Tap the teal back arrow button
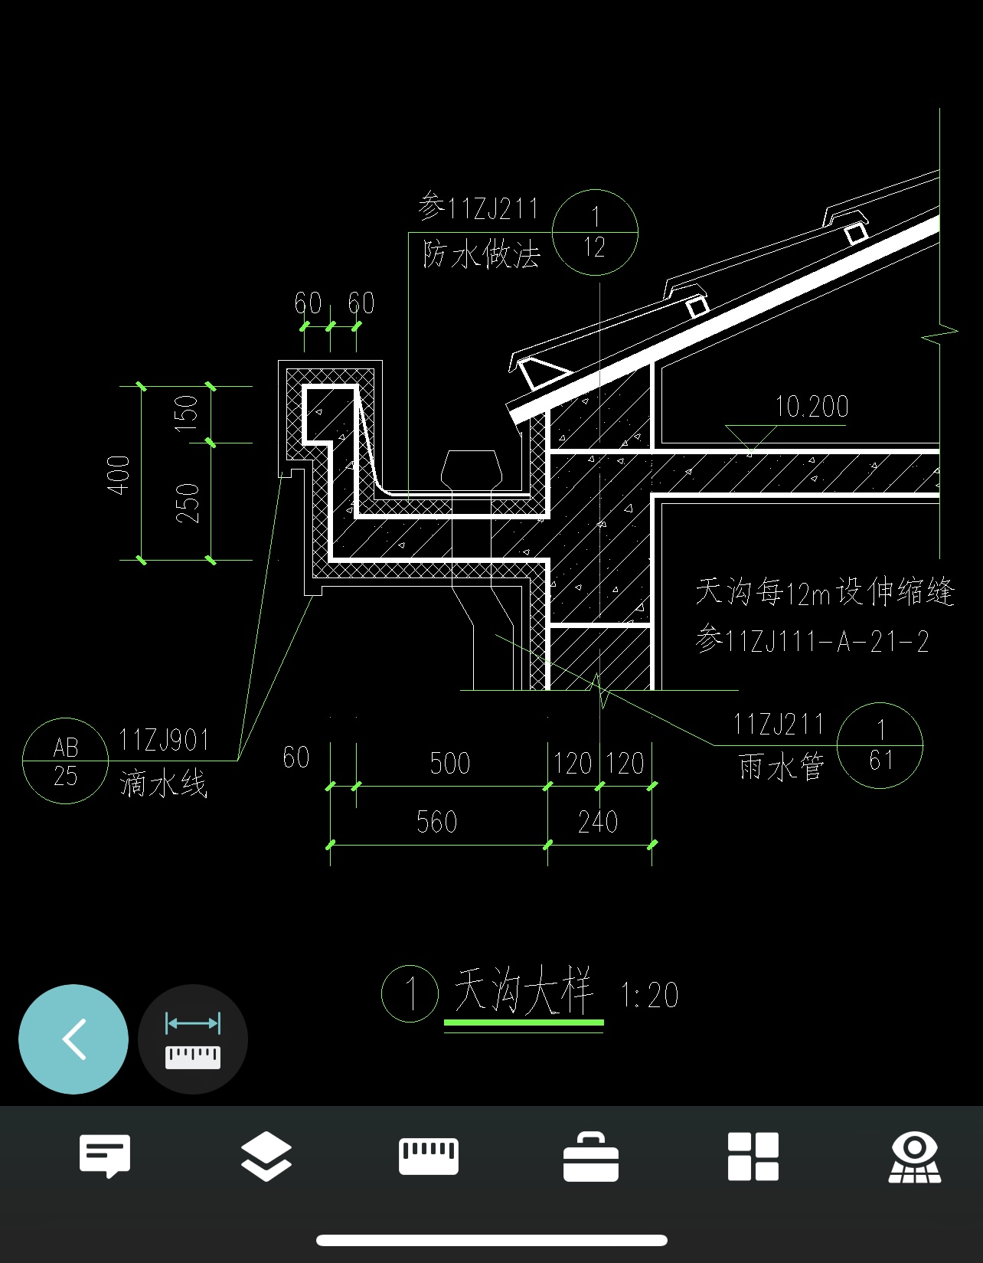tap(73, 1039)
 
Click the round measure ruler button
tap(193, 1039)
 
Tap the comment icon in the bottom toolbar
tap(105, 1156)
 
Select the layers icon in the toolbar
tap(266, 1156)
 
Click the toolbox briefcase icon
tap(590, 1156)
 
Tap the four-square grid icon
tap(753, 1156)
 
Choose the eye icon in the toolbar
tap(914, 1156)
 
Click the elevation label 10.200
tap(812, 407)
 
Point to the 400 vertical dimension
tap(119, 474)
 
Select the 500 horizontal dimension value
tap(450, 763)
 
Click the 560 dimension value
tap(437, 822)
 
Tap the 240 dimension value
tap(598, 822)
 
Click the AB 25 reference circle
tap(65, 761)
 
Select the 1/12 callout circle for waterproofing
tap(595, 232)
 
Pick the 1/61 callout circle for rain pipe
tap(880, 744)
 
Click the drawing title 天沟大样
tap(524, 991)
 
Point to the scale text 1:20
tap(650, 995)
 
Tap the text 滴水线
tap(163, 783)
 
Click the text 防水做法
tap(482, 254)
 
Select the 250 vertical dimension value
tap(188, 502)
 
